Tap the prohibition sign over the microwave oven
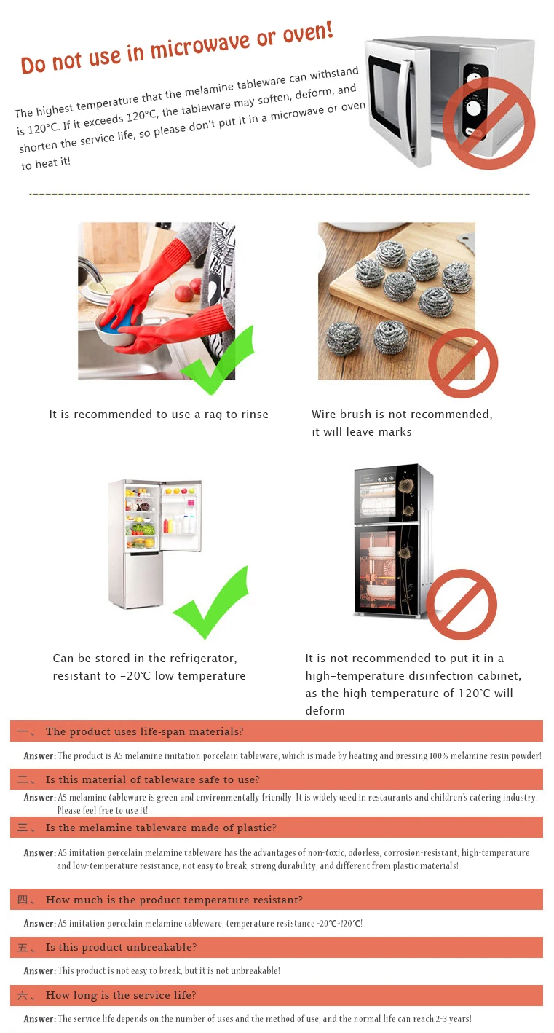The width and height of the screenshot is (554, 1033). pos(489,122)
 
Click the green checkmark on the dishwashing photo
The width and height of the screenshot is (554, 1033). pos(217,361)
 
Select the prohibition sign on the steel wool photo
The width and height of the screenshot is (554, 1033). pos(462,363)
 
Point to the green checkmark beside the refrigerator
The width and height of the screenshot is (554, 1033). pos(211,603)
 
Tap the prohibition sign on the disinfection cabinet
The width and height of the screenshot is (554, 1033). pos(461,605)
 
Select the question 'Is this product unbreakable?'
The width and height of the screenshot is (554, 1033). pos(121,947)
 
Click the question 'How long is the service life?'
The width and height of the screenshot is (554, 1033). pos(121,995)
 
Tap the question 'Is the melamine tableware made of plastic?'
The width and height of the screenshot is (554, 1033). pos(161,828)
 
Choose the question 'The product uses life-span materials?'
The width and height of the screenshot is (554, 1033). pos(144,731)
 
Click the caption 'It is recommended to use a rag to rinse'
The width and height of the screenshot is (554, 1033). pos(159,415)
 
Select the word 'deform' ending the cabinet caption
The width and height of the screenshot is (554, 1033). pos(325,711)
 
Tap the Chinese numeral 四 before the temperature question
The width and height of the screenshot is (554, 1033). pos(23,900)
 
